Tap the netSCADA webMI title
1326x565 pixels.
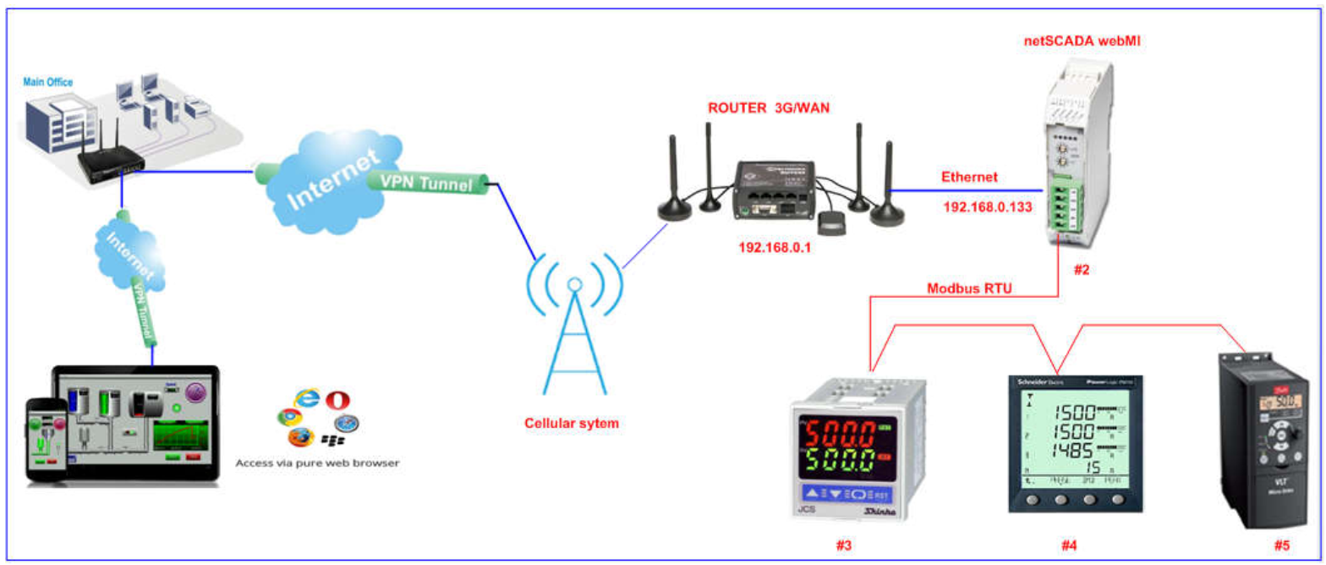tap(1081, 40)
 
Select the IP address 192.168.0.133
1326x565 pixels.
tap(988, 206)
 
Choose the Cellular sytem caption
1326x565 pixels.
tap(571, 423)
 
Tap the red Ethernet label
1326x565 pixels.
tap(969, 178)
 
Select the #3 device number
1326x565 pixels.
tap(843, 546)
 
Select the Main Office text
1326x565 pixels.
tap(49, 82)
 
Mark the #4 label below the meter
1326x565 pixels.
tap(1069, 546)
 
